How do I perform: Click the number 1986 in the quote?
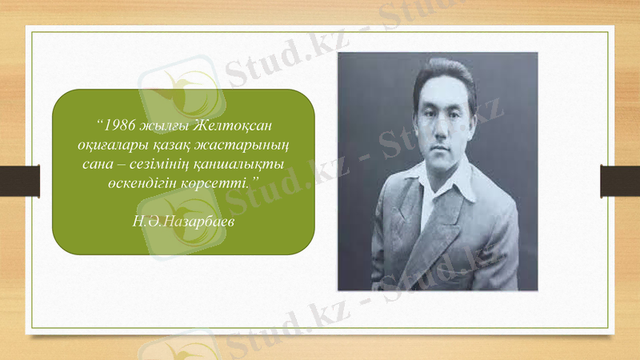click(119, 126)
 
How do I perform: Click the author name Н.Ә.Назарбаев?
click(183, 219)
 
